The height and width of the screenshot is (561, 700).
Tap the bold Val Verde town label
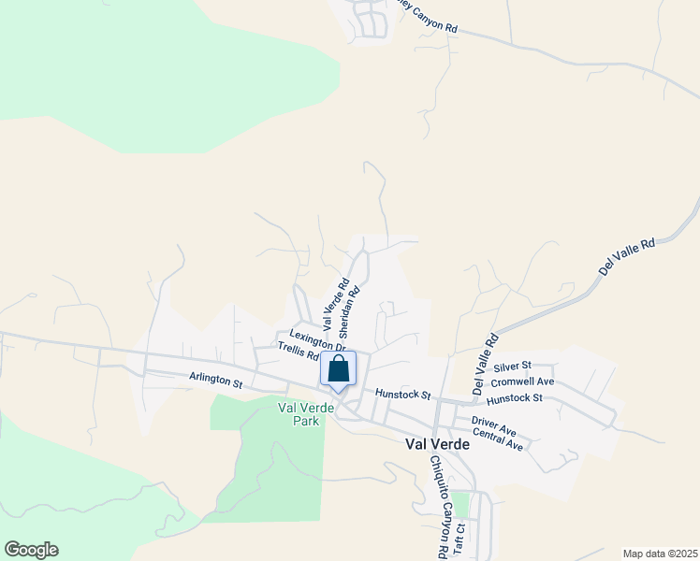[x=437, y=445]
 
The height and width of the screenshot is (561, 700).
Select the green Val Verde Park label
[x=299, y=414]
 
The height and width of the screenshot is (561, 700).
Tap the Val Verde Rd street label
[x=336, y=305]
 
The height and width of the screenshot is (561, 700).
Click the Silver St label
[x=513, y=366]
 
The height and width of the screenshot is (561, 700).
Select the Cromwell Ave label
[x=522, y=381]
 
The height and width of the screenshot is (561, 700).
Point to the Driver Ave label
[x=494, y=426]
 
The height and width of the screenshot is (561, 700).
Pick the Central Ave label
[x=498, y=439]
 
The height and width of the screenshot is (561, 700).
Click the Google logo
[x=31, y=550]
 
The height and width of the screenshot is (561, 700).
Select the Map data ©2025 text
[x=660, y=554]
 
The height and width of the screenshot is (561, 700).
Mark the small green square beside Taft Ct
[x=460, y=505]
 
